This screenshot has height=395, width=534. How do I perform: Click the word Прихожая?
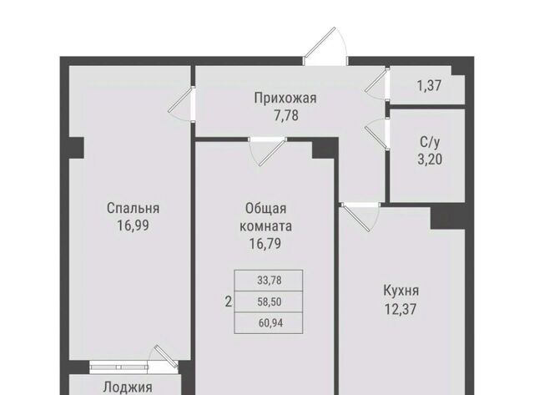click(x=285, y=99)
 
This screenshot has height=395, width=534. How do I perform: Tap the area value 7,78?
click(x=286, y=115)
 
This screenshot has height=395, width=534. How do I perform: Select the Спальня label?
click(x=133, y=208)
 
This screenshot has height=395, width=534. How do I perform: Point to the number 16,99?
click(x=133, y=225)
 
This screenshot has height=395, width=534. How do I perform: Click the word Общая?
click(x=265, y=208)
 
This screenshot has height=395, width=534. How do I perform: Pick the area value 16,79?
click(x=265, y=244)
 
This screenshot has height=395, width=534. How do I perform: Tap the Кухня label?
click(x=401, y=291)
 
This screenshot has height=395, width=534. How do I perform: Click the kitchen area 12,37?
click(x=400, y=309)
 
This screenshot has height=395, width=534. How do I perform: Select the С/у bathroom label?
click(x=430, y=142)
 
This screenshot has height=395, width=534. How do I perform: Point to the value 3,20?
click(x=430, y=160)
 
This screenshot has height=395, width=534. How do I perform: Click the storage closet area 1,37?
click(x=430, y=85)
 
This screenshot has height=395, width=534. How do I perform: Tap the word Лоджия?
click(x=128, y=387)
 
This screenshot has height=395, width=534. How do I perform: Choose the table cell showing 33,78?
click(x=269, y=281)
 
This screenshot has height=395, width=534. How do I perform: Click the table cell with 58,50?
click(x=269, y=301)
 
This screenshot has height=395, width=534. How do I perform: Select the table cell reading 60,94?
click(x=269, y=322)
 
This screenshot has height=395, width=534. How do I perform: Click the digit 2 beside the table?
click(x=229, y=301)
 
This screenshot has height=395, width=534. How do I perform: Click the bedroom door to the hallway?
click(x=182, y=104)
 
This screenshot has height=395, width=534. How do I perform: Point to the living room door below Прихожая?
click(x=268, y=151)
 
